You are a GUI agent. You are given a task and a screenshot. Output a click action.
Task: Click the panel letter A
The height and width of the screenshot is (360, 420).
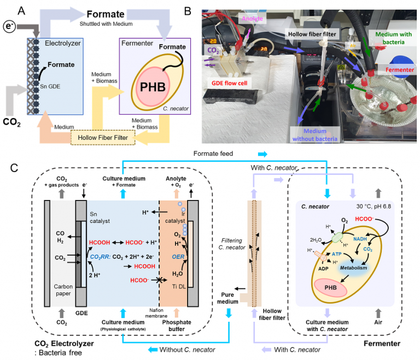[21, 9]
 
